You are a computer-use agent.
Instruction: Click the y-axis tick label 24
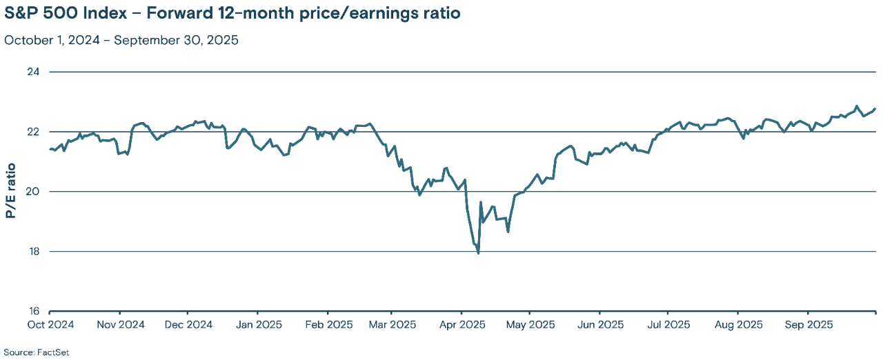point(34,72)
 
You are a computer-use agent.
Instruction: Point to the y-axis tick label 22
point(34,132)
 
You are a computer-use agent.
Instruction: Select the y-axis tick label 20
point(34,192)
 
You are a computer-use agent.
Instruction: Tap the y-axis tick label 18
point(34,251)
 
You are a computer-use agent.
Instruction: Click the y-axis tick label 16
point(34,311)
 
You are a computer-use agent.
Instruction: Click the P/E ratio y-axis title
point(11,192)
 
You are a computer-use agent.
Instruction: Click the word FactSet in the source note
point(54,352)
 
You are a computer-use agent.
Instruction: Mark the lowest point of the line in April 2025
point(478,253)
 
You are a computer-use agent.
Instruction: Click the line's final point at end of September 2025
point(875,109)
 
